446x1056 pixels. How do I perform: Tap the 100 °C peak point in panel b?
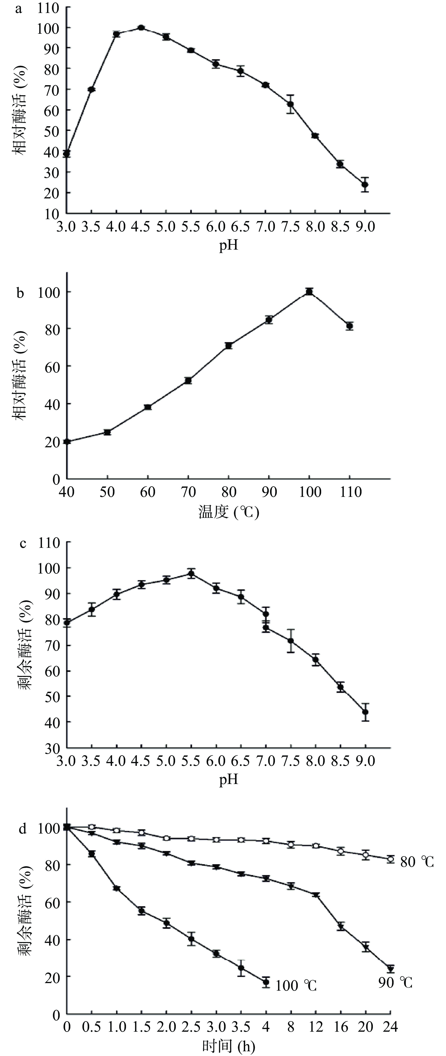(309, 291)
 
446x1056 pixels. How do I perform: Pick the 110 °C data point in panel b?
(349, 326)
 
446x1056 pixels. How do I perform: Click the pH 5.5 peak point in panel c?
(191, 574)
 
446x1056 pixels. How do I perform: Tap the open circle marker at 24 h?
(390, 859)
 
